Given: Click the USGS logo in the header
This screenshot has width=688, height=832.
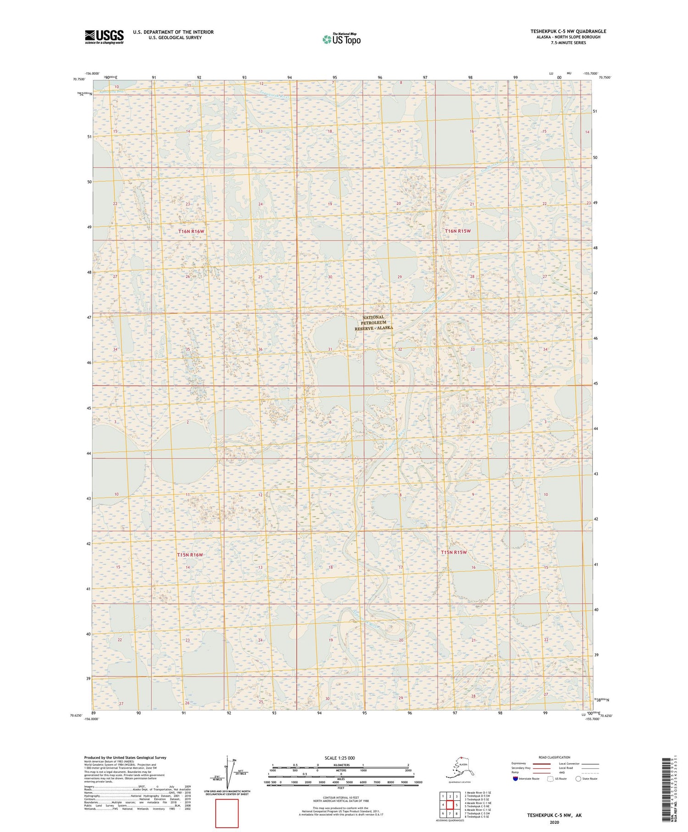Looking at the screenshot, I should (104, 37).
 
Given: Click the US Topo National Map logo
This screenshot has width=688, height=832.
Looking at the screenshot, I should (341, 39).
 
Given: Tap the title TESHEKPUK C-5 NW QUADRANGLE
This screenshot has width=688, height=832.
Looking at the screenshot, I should (568, 31).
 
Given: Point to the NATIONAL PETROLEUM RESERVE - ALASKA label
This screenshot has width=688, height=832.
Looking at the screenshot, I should (374, 323).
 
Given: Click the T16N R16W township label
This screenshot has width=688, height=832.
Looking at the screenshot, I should (191, 232).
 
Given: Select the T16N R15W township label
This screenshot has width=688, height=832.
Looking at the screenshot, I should (457, 231).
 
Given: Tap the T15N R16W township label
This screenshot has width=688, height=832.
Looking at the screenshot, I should (190, 555).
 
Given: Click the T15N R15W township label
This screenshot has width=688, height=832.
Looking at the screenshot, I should (454, 552).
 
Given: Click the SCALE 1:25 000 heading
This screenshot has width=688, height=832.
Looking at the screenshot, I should (339, 758).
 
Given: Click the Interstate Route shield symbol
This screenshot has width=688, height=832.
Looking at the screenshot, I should (516, 779).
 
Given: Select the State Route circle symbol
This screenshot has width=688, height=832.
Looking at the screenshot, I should (578, 779).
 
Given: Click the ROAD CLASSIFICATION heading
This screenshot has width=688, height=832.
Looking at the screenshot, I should (555, 757).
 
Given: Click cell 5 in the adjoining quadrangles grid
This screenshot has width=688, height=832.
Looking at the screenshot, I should (457, 805).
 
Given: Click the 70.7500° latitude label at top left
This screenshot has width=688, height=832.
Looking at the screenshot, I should (79, 79).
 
